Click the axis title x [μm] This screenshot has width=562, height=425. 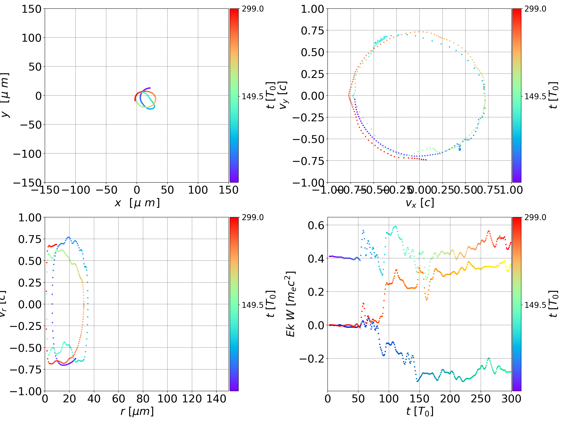pos(137,203)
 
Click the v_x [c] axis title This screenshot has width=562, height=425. pos(420,203)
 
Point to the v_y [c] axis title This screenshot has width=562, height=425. pos(283,95)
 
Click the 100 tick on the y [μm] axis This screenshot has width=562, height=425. pos(31,38)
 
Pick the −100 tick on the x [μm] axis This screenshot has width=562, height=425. pos(76,190)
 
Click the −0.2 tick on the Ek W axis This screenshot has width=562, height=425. pos(312,359)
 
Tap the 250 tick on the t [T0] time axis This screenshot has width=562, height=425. pos(481,399)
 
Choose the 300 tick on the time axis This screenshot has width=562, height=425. pos(511,399)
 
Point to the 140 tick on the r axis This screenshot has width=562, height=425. pos(216,399)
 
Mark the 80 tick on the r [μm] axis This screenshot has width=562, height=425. pos(143,399)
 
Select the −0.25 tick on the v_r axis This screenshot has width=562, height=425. pos(25,326)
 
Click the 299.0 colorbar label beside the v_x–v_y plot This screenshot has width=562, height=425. pos(535,9)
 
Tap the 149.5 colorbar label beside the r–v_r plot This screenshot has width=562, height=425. pos(253,305)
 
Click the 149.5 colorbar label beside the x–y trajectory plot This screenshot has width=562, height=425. pos(253,96)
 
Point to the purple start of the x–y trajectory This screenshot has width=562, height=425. pos(149,88)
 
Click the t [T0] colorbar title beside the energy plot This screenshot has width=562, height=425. pos(553,304)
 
